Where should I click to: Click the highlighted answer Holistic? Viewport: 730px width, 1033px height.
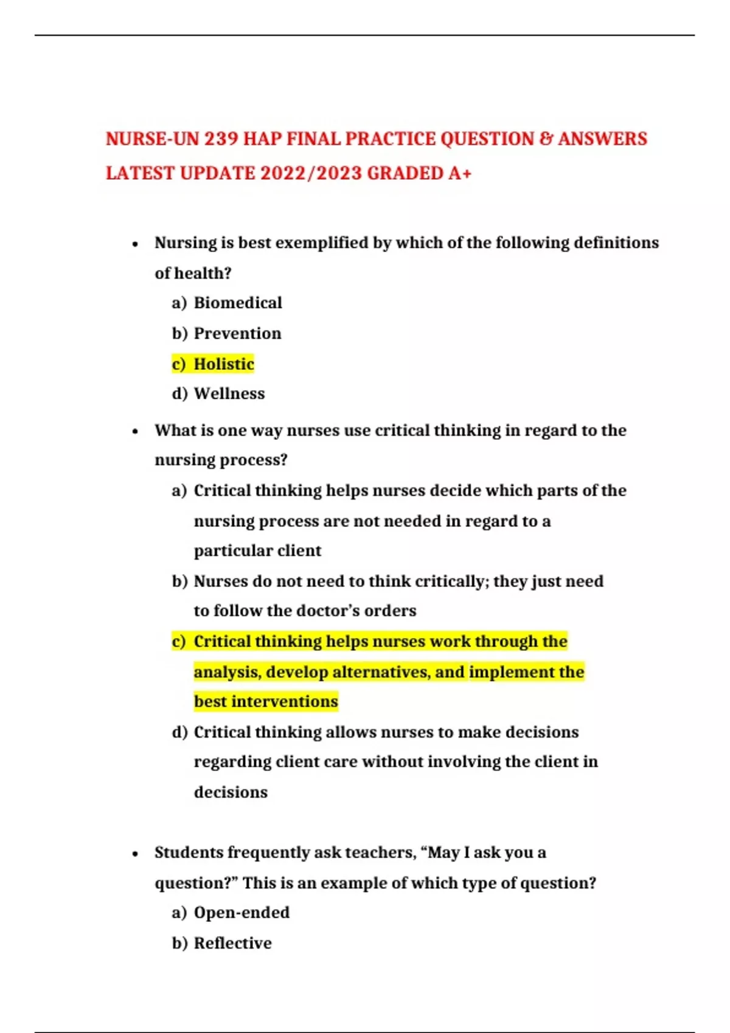click(x=223, y=364)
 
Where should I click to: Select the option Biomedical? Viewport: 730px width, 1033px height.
click(x=237, y=303)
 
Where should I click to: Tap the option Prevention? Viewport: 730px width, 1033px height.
click(x=237, y=334)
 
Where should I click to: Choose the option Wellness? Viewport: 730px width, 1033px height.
click(x=229, y=394)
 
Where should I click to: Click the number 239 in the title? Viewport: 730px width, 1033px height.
click(x=221, y=139)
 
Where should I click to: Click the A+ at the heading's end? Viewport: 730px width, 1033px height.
click(x=459, y=174)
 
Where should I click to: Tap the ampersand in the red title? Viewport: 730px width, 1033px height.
click(x=545, y=139)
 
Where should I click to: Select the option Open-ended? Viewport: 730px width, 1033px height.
click(x=242, y=913)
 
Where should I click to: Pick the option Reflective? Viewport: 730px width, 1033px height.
click(x=232, y=943)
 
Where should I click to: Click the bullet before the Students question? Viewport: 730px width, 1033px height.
click(x=135, y=854)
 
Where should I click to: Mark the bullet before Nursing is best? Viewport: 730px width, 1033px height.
click(x=135, y=244)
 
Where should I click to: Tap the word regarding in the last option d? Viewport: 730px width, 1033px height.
click(x=232, y=762)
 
